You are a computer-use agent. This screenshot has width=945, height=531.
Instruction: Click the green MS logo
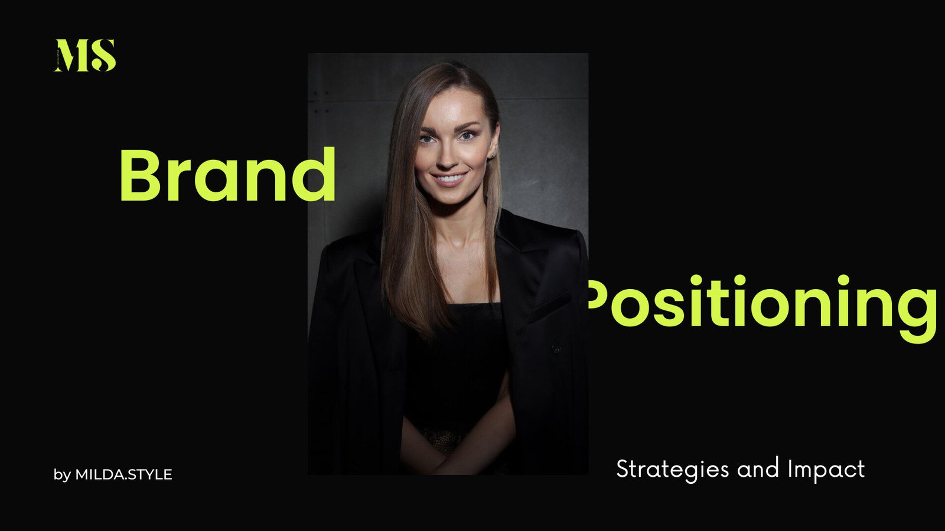85,55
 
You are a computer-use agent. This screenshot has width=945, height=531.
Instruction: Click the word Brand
228,175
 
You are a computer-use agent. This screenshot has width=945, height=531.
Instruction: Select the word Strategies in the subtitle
673,469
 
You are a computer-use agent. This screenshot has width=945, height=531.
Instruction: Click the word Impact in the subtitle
827,469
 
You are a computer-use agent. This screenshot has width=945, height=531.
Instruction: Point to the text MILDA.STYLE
123,474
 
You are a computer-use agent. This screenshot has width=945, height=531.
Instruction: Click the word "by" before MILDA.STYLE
62,476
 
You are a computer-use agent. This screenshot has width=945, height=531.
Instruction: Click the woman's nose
447,156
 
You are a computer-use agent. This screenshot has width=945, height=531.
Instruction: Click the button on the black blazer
556,348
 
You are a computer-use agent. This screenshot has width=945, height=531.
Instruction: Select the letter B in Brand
139,175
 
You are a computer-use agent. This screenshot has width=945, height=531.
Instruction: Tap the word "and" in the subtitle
758,468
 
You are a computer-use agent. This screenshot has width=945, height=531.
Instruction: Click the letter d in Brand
314,175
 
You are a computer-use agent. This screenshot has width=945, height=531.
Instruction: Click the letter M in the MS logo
71,55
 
